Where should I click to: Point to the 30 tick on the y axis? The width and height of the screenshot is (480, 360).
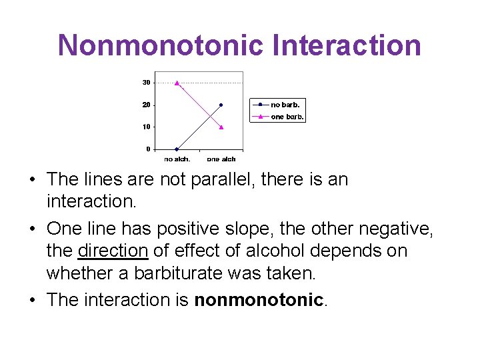146,83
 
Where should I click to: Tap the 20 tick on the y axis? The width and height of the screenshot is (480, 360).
146,105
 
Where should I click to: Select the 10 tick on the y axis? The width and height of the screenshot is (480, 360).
146,127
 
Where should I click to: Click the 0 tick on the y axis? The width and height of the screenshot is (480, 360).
148,149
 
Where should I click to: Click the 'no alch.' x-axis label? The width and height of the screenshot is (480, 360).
177,159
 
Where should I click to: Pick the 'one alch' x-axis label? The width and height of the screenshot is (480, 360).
221,159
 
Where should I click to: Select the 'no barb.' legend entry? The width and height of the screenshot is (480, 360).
285,105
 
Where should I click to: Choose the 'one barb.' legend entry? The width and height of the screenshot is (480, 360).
287,117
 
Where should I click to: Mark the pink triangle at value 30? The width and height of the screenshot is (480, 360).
177,83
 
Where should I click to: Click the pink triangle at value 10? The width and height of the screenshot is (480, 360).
221,127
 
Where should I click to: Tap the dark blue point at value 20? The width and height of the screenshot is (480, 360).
221,105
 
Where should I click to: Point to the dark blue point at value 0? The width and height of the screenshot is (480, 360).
177,149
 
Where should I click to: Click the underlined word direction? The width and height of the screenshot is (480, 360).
113,251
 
